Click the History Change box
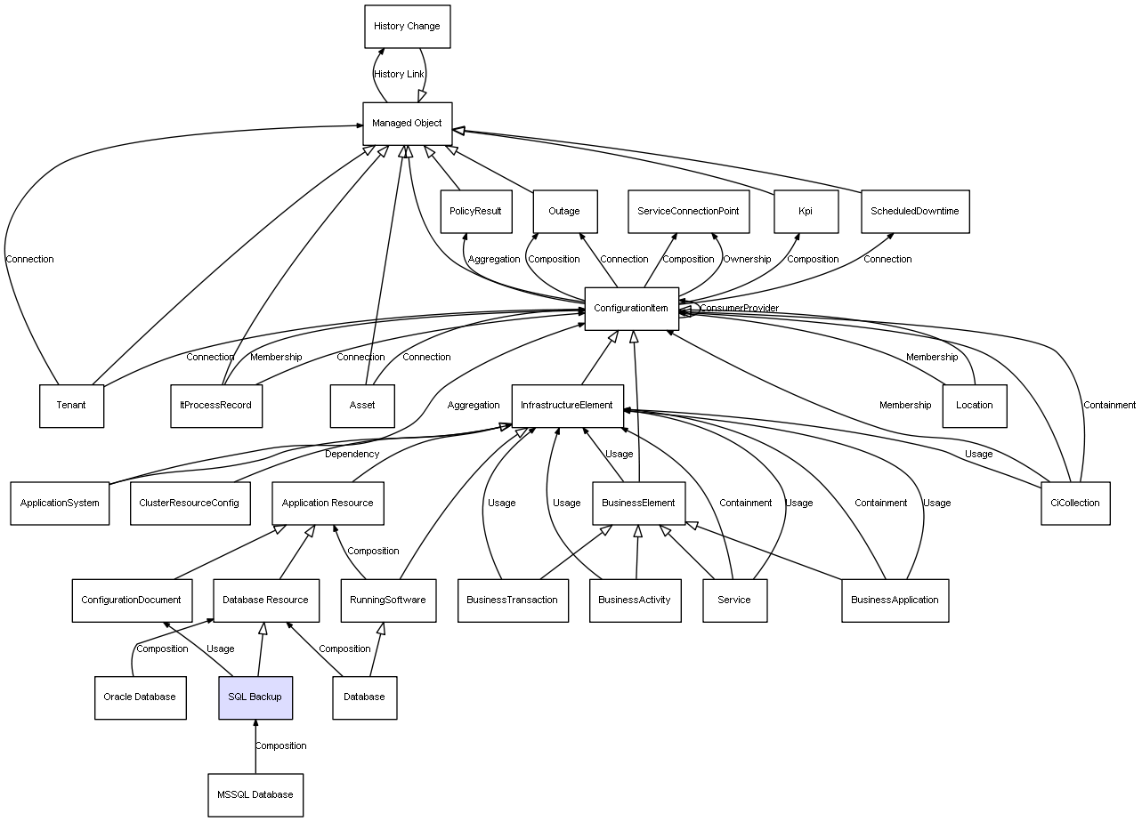point(407,27)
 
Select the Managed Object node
point(407,124)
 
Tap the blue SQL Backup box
point(255,697)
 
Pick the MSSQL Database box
point(255,794)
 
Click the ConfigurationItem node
point(631,309)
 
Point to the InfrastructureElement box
point(567,406)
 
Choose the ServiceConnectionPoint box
point(688,212)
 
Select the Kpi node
point(806,212)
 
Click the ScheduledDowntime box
point(914,212)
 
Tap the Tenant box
point(71,406)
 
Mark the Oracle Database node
point(140,697)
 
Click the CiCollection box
point(1074,503)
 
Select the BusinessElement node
point(638,503)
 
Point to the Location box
point(974,406)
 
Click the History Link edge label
point(399,75)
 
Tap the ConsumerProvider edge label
point(739,309)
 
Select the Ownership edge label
point(746,260)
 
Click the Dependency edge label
point(352,454)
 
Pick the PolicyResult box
point(475,212)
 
